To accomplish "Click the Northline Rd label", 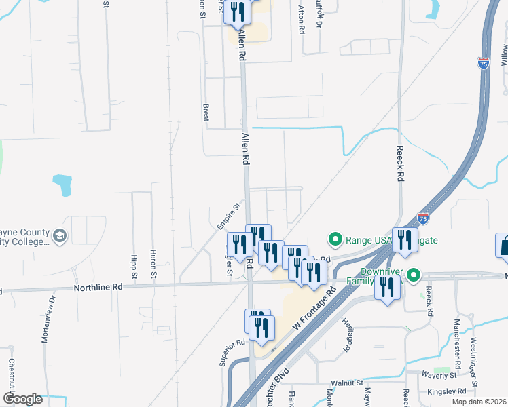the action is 98,288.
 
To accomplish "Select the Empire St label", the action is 229,216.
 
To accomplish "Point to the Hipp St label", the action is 134,268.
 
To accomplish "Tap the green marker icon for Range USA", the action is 334,239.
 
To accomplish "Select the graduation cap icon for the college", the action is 60,235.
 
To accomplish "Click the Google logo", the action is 22,399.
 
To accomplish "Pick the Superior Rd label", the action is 232,353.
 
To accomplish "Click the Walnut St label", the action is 346,383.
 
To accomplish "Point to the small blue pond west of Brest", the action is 62,185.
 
